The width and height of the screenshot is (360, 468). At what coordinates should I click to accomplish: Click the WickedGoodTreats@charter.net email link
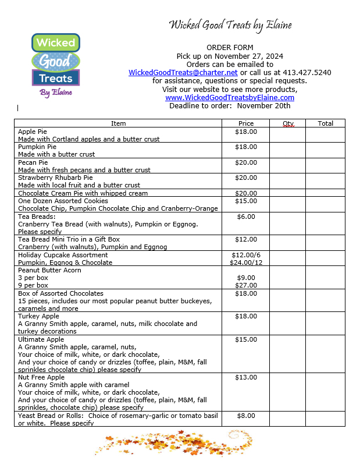(x=183, y=72)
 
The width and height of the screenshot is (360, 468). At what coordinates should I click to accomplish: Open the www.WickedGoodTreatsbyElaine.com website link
(x=230, y=98)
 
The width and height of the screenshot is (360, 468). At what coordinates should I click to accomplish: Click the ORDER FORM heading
(x=230, y=47)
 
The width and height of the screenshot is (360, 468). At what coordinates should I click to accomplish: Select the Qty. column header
(x=288, y=123)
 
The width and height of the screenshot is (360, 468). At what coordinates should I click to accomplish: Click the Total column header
(x=325, y=123)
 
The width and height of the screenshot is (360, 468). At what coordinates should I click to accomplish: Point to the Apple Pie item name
(x=33, y=132)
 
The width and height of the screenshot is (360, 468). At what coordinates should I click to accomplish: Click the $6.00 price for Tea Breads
(x=245, y=217)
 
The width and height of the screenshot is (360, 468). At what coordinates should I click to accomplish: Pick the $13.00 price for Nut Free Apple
(x=245, y=377)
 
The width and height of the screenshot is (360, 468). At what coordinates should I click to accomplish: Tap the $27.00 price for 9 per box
(x=245, y=285)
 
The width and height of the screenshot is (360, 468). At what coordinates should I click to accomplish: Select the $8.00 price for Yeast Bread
(x=245, y=416)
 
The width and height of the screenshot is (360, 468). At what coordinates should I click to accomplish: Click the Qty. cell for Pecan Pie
(x=288, y=166)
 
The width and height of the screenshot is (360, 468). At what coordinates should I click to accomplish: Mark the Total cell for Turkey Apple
(x=325, y=324)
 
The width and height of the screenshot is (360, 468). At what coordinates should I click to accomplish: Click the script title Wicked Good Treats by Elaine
(x=230, y=24)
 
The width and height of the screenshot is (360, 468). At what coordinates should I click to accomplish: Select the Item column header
(x=118, y=123)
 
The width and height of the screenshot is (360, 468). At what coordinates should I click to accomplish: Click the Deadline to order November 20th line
(x=230, y=106)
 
